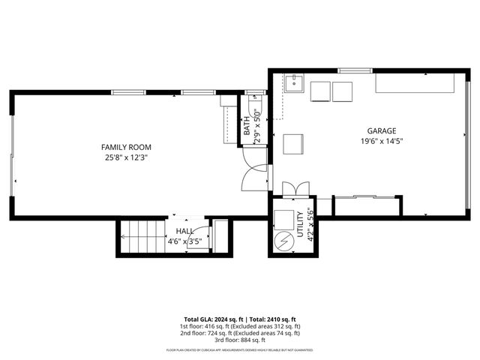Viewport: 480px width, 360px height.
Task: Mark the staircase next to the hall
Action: (x=142, y=238)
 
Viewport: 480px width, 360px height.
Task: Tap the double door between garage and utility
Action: (x=294, y=188)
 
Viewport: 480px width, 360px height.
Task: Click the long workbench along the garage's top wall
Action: (x=417, y=85)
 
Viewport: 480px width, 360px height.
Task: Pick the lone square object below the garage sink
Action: (x=292, y=144)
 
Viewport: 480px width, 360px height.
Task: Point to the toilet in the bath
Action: (x=256, y=97)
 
